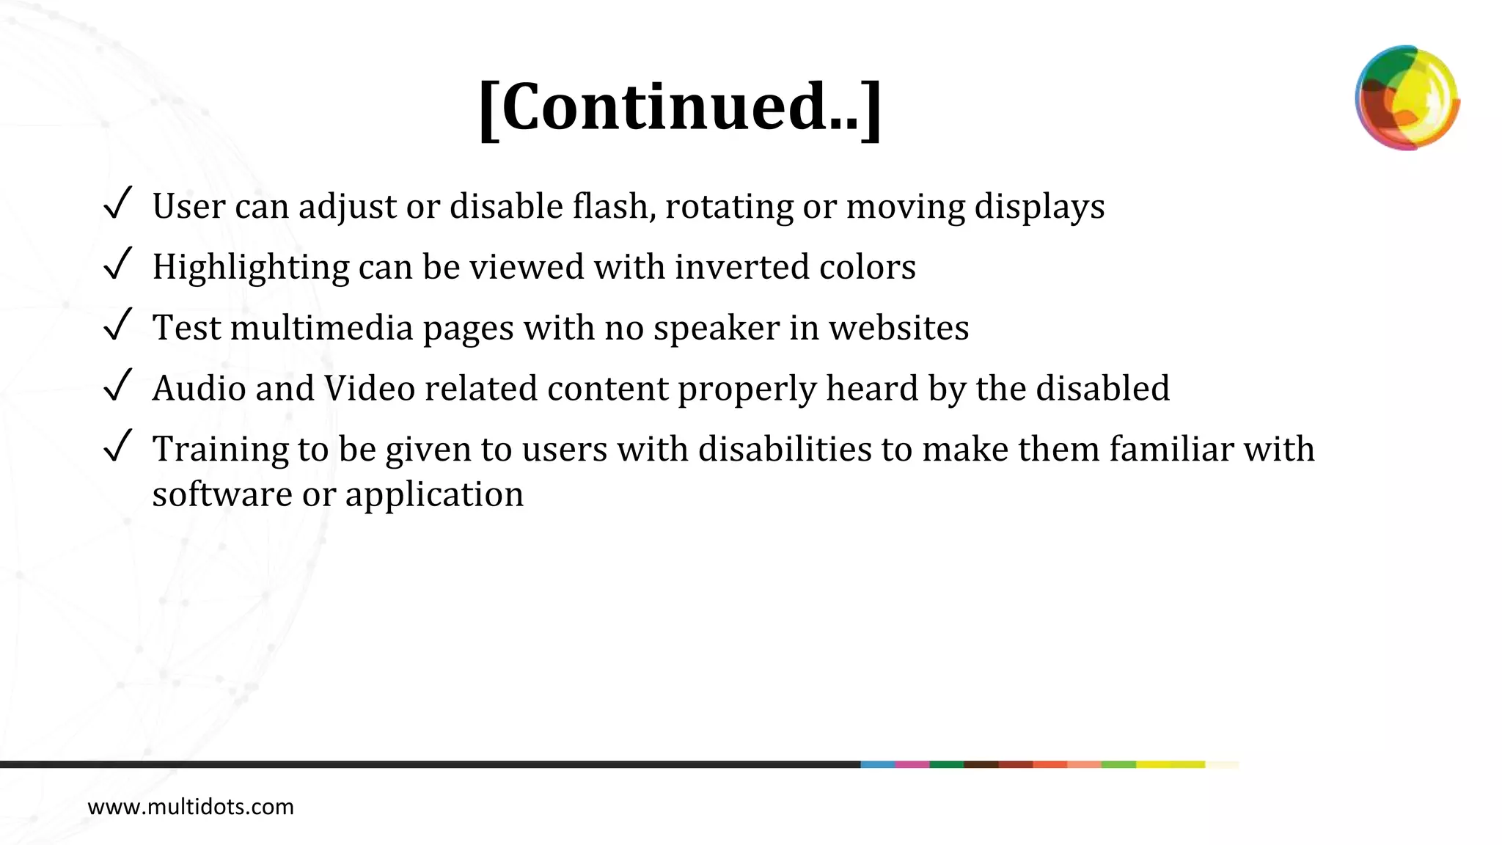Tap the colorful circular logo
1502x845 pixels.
pos(1407,98)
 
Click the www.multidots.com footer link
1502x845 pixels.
pos(191,807)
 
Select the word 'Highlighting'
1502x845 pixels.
pos(251,268)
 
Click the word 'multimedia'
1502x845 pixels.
pos(322,328)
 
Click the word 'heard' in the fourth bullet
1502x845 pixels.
pos(872,389)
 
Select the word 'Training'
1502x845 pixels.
pos(220,450)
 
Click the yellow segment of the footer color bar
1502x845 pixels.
pos(1171,764)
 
